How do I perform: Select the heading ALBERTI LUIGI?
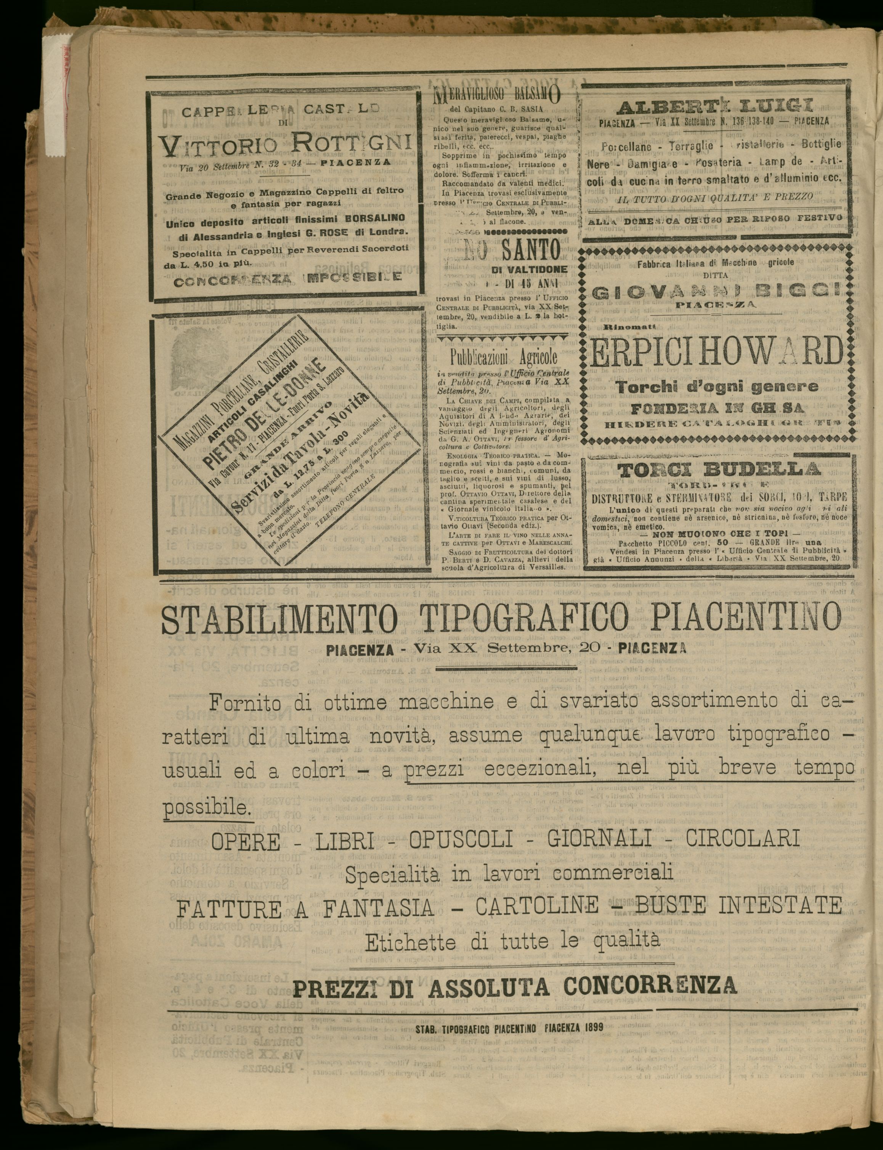click(x=716, y=106)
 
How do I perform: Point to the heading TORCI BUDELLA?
click(x=719, y=470)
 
